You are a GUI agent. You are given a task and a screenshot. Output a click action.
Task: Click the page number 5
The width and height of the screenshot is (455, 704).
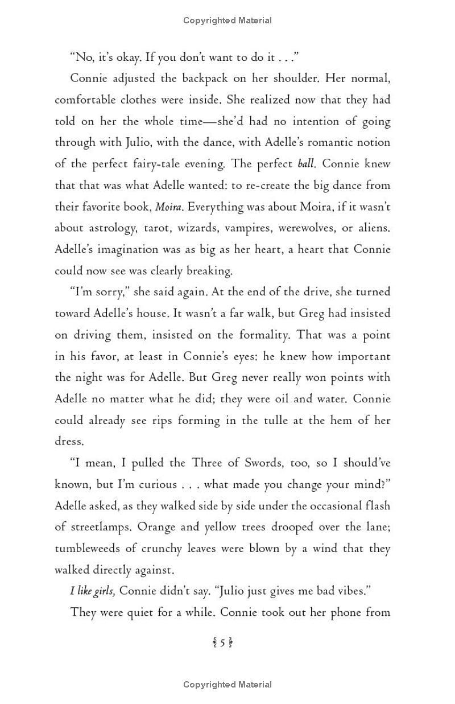click(223, 643)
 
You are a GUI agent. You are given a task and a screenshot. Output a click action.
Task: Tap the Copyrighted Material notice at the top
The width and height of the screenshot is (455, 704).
click(227, 20)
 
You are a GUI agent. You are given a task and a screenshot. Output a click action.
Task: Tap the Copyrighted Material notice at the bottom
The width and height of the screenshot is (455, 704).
click(227, 685)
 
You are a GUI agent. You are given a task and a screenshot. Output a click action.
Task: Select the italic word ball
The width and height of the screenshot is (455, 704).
click(306, 164)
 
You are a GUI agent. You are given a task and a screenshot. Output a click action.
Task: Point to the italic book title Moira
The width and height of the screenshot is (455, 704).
click(168, 207)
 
